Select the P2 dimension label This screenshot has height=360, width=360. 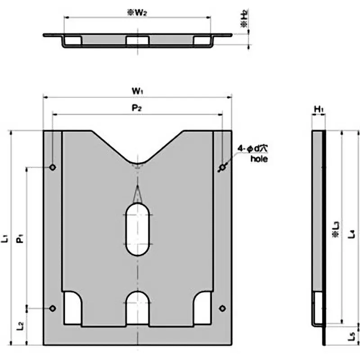tap(137, 109)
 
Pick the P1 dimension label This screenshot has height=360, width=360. tap(20, 238)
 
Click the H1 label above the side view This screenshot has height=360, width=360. tap(318, 109)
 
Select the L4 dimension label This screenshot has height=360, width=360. tap(352, 233)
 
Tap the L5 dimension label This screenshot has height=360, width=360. tap(352, 335)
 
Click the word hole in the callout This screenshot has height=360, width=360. tap(258, 158)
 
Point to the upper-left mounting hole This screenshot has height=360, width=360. tap(53, 168)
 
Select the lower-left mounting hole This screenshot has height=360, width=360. tap(53, 308)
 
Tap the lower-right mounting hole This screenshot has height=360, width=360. tap(222, 308)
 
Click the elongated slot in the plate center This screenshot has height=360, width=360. tap(138, 229)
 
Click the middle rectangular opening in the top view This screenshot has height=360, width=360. tap(138, 41)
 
